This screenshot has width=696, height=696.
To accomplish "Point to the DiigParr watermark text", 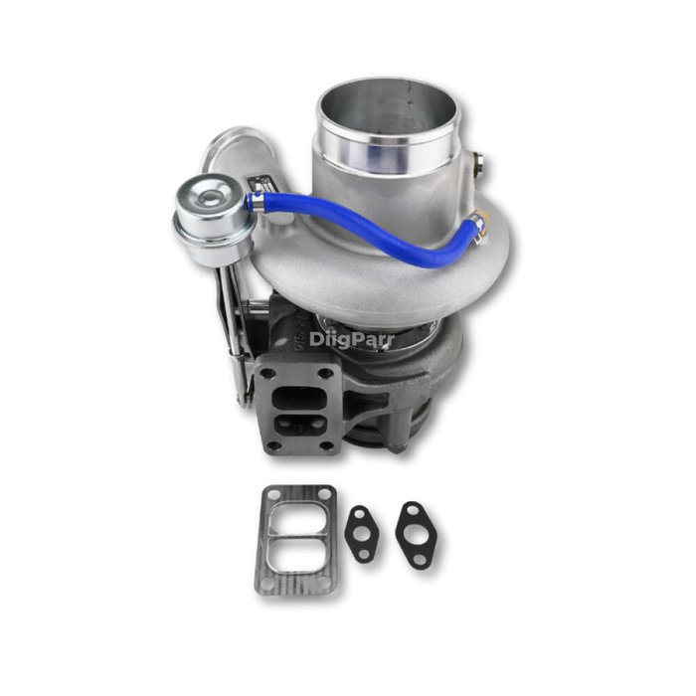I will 351,339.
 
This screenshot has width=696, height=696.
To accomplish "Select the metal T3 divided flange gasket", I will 295,539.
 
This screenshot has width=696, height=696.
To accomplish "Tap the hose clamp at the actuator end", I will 256,204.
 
